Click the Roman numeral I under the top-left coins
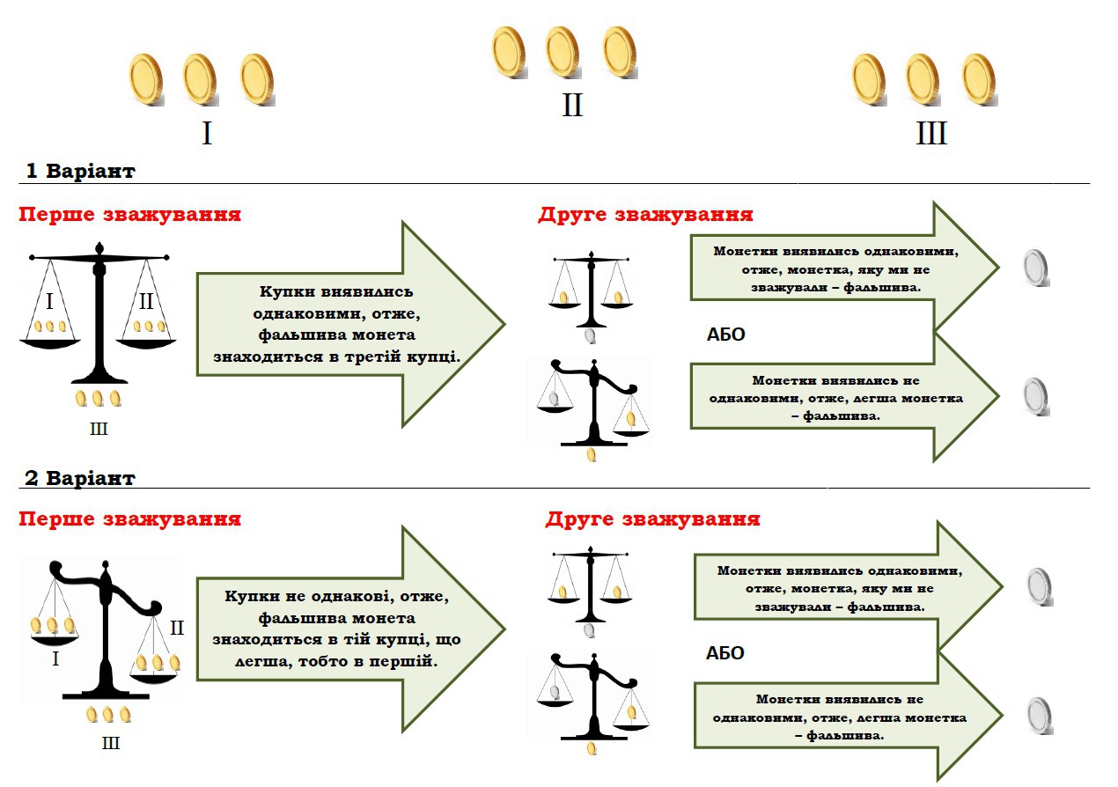click(207, 134)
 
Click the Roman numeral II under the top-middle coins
click(572, 106)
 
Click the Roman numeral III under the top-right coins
click(930, 134)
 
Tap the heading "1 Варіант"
click(80, 171)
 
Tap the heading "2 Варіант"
click(80, 478)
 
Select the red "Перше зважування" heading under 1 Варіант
click(129, 215)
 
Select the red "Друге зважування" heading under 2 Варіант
click(652, 519)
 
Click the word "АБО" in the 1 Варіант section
click(725, 335)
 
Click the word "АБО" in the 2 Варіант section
click(725, 653)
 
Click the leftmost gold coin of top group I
click(145, 79)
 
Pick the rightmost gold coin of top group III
click(978, 79)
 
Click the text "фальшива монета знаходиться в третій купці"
click(349, 346)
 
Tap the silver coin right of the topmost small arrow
click(1038, 268)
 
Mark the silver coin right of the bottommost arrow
click(1040, 715)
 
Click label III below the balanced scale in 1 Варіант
click(99, 429)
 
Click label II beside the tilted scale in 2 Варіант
click(176, 628)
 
